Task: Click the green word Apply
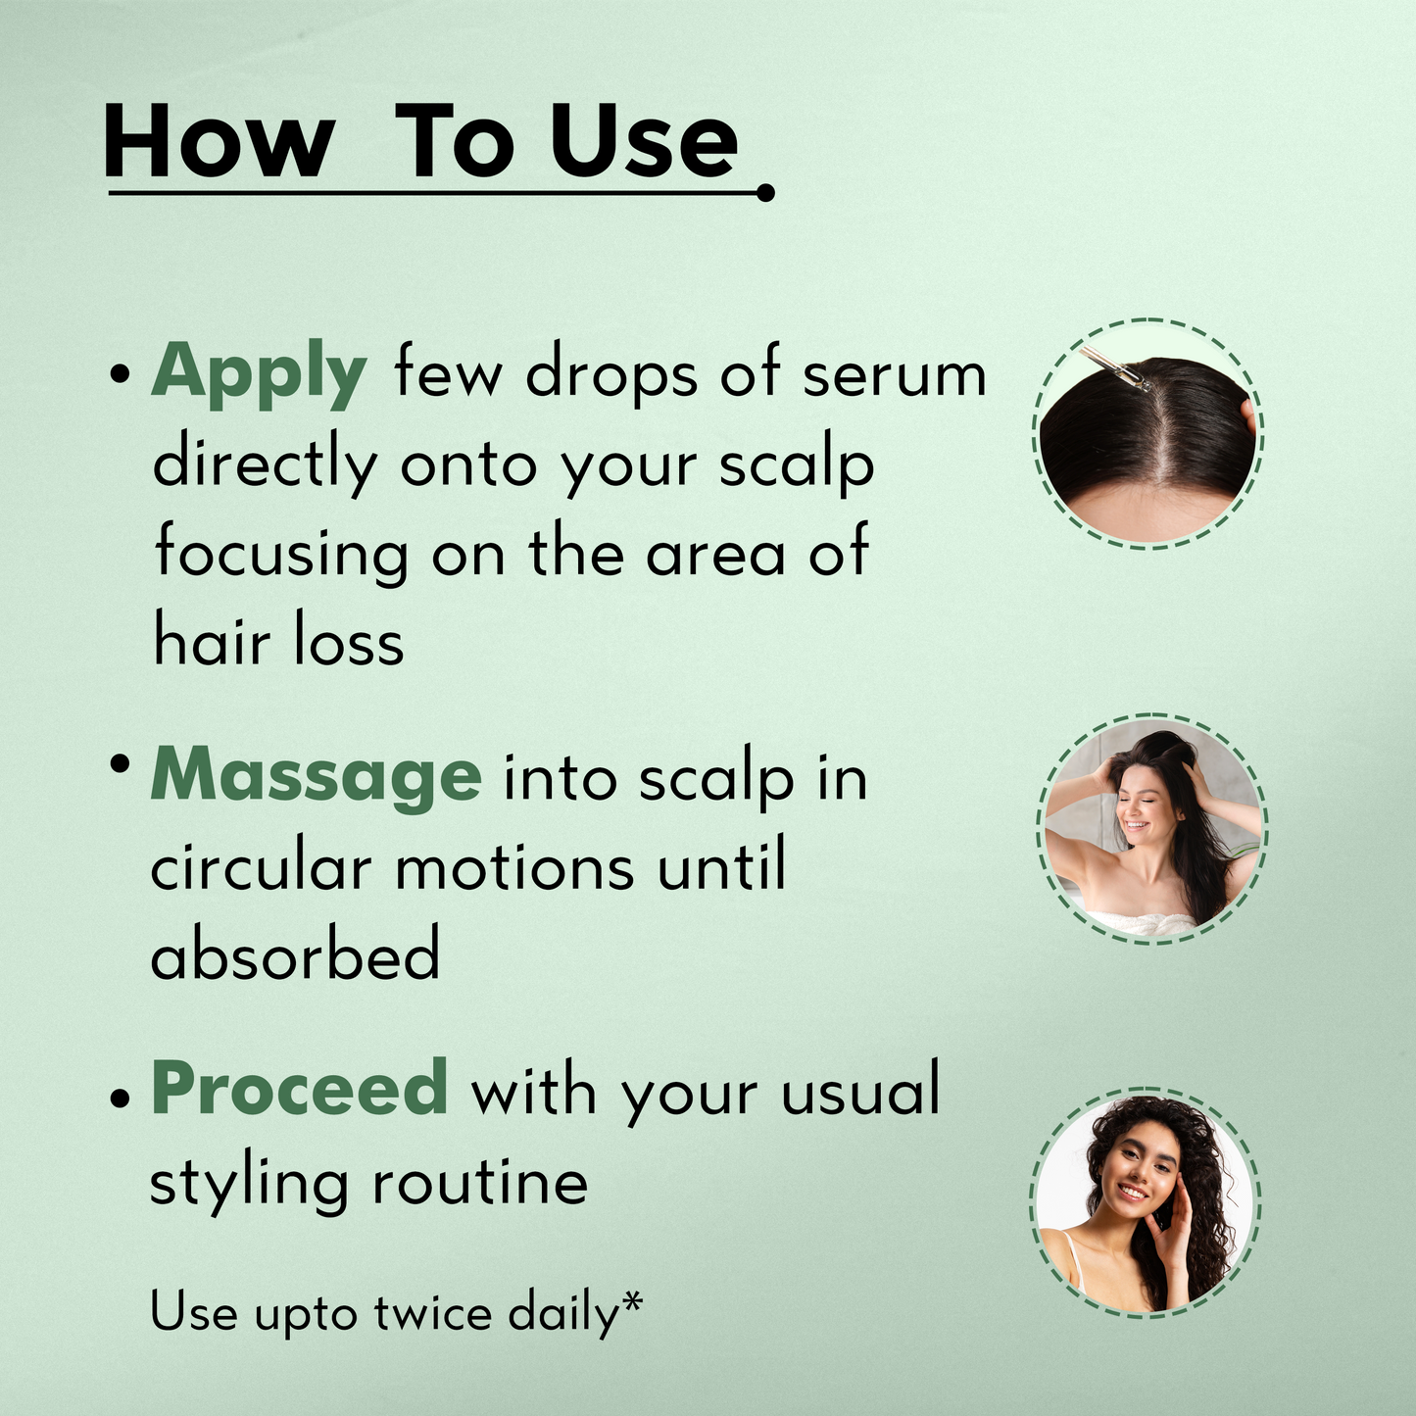click(x=259, y=374)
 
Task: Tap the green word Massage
click(x=316, y=778)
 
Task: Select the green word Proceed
click(x=299, y=1089)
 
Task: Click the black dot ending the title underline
click(x=765, y=193)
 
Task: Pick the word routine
click(x=480, y=1183)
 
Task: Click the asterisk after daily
click(x=631, y=1302)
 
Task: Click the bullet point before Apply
click(x=120, y=373)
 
